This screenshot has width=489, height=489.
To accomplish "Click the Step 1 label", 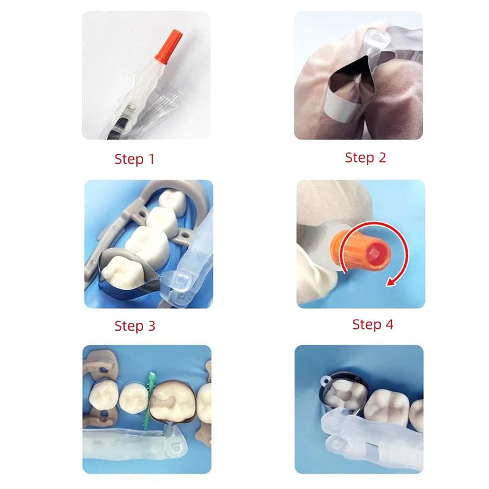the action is tap(134, 159).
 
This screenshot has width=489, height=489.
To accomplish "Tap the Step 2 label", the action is tap(366, 158).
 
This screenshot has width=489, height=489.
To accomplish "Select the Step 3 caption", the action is tap(134, 326).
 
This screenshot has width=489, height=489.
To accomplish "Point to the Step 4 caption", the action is tap(373, 325).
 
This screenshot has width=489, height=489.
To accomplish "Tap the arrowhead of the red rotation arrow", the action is tap(391, 282).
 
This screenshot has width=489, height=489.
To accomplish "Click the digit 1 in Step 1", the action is tap(152, 159).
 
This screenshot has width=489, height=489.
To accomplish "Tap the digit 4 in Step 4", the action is tap(389, 325).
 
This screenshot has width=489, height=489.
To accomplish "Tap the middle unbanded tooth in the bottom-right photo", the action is tap(386, 406).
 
